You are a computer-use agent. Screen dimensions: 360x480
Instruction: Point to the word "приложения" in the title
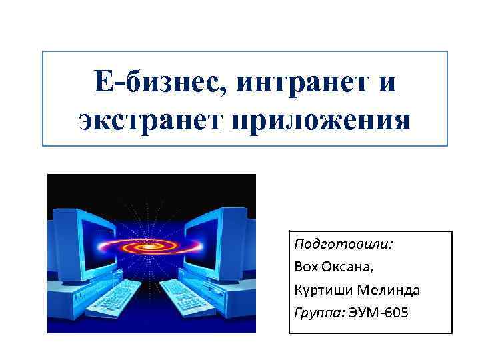coord(319,121)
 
